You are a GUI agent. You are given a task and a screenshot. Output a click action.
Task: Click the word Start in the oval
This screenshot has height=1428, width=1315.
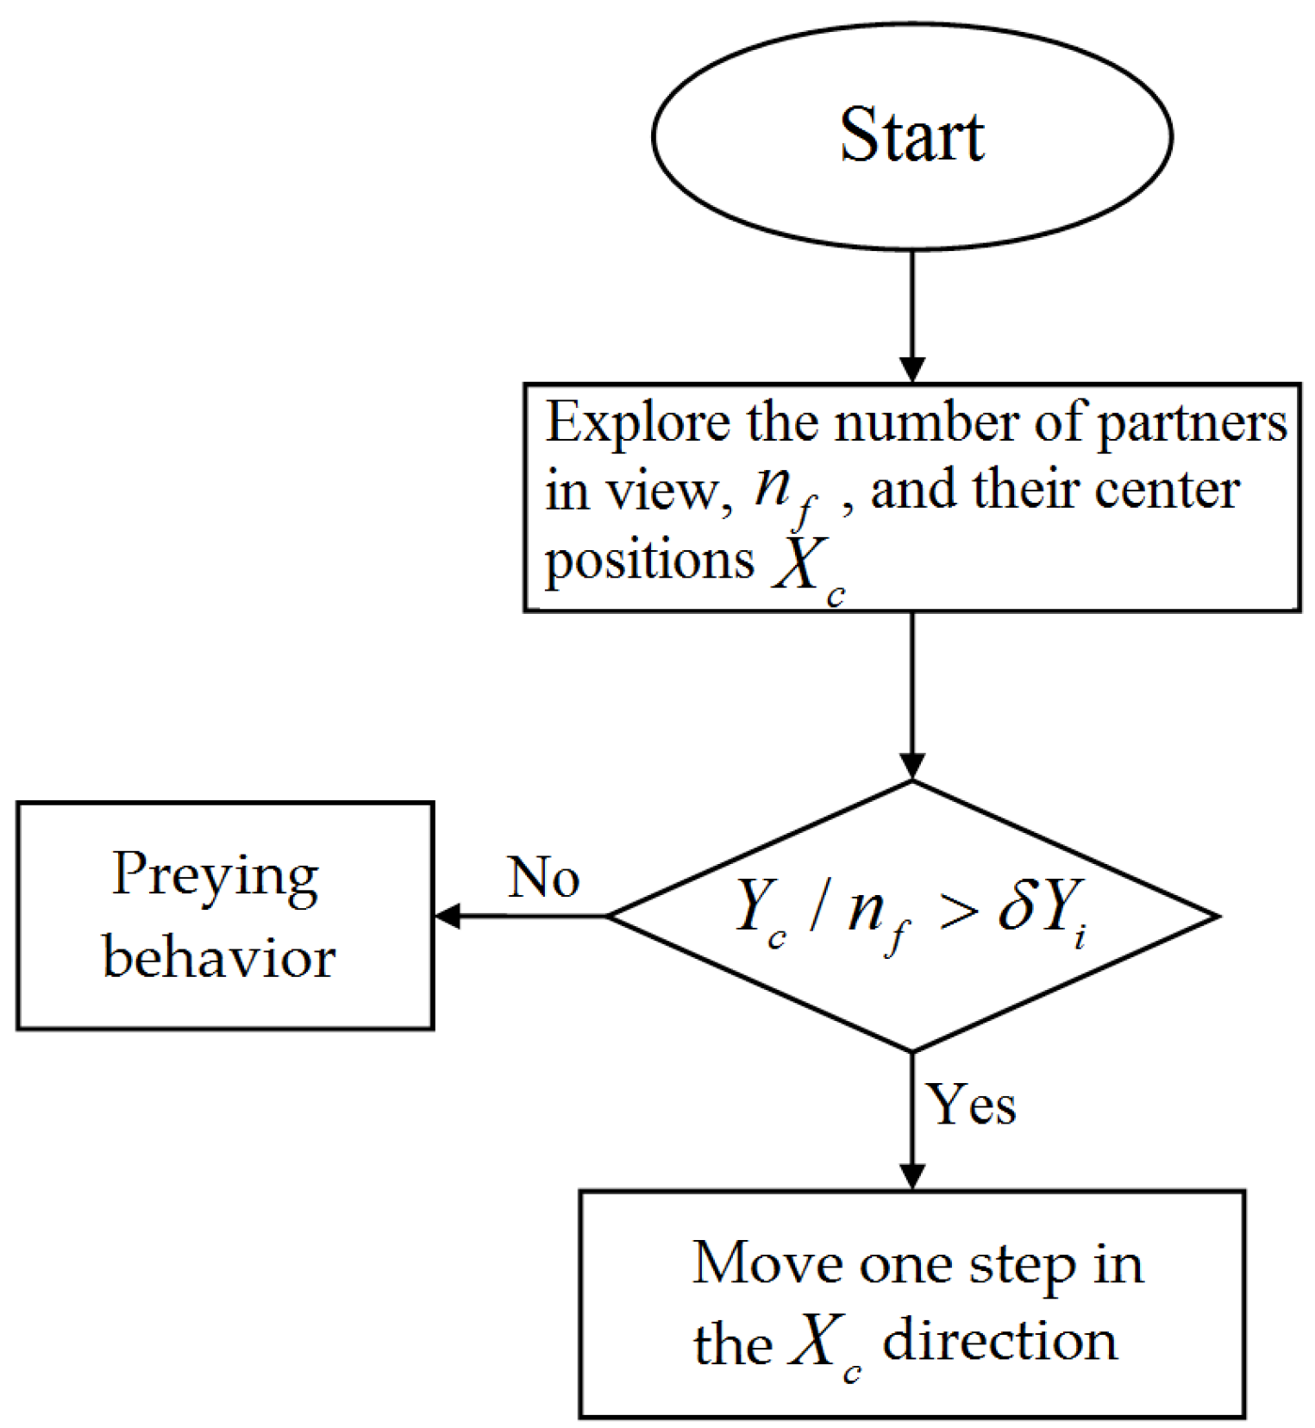[911, 135]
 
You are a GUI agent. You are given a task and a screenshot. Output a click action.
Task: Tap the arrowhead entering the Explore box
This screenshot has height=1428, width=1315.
[912, 369]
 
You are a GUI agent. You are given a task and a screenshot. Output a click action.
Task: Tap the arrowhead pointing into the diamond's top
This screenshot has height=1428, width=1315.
[912, 767]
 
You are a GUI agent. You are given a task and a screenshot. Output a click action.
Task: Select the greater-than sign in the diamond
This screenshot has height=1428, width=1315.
[959, 912]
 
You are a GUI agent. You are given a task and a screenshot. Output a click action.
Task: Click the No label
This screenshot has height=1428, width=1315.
[543, 878]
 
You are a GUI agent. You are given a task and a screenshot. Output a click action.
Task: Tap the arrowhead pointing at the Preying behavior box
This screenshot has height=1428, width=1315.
[448, 916]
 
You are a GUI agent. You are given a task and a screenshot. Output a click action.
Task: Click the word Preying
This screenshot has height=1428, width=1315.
[216, 878]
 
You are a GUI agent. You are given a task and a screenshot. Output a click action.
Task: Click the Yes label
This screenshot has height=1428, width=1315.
[971, 1105]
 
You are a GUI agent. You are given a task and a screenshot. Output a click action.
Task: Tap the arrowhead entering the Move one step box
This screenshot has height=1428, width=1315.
[912, 1176]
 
